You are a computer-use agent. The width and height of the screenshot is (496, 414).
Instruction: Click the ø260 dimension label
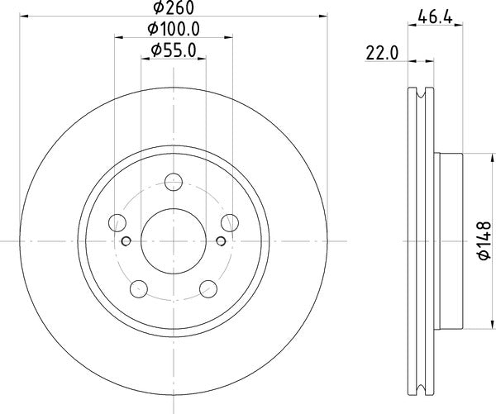173,8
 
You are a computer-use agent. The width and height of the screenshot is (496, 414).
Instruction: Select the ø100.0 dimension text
174,30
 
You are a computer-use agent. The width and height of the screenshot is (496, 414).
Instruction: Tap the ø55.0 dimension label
174,50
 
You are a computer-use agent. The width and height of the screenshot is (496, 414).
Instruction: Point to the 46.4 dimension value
436,17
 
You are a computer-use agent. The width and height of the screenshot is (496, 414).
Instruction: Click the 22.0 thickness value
382,53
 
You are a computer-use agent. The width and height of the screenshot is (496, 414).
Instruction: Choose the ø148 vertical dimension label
484,241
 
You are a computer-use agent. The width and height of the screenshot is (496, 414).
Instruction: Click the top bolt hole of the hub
174,182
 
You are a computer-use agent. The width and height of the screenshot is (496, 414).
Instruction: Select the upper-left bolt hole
117,222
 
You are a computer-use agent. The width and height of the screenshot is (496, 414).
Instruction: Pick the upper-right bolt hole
230,222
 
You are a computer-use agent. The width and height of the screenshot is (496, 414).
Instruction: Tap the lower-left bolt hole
139,288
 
